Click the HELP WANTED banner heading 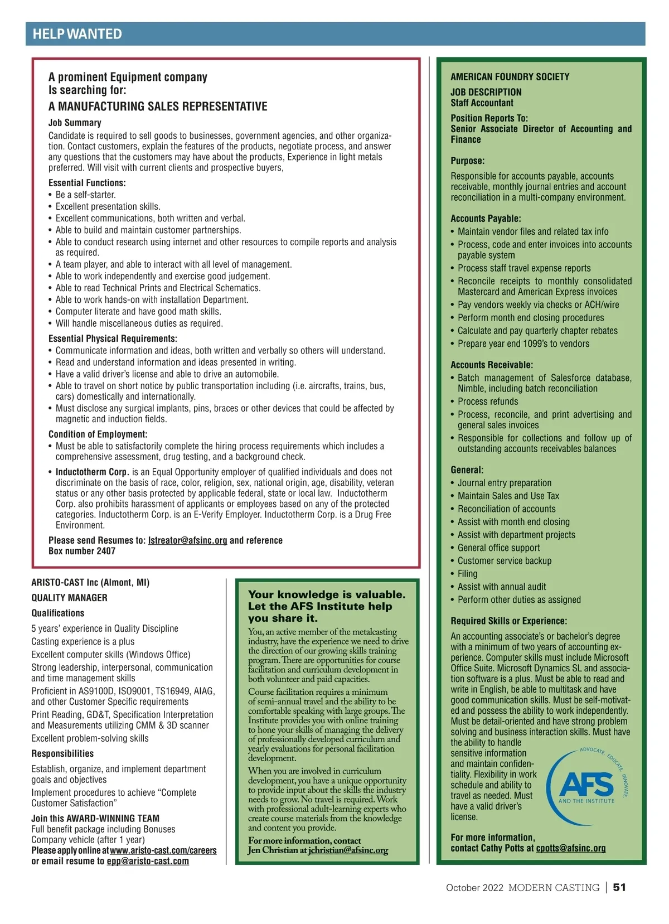click(77, 34)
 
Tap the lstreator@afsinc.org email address click(187, 540)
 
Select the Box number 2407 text click(82, 551)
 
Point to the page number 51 click(619, 887)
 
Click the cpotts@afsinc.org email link click(570, 848)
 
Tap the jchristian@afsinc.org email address click(348, 850)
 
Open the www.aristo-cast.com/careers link click(163, 850)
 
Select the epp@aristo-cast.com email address click(148, 861)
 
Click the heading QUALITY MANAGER click(69, 598)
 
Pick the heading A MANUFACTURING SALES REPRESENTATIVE click(158, 107)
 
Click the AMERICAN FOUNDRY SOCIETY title click(510, 77)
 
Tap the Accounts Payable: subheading click(486, 219)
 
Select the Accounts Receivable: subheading click(491, 365)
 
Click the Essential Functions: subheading click(87, 183)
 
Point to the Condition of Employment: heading click(98, 434)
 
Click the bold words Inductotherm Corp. click(92, 472)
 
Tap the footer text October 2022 click(474, 888)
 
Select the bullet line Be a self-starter click(85, 195)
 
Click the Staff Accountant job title click(482, 103)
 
